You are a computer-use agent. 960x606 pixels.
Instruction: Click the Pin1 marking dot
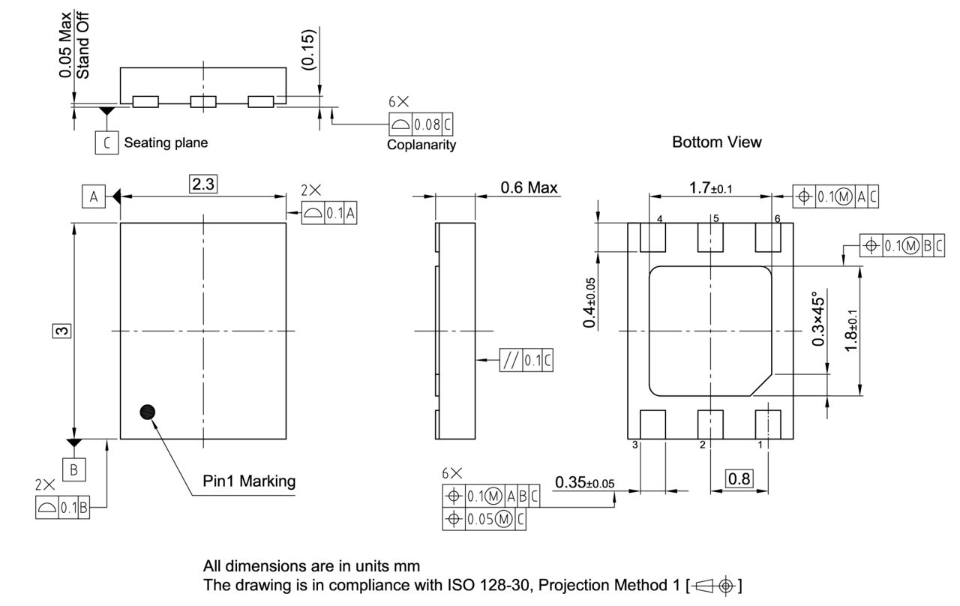click(x=148, y=411)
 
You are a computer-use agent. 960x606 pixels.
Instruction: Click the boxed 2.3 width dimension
click(x=204, y=184)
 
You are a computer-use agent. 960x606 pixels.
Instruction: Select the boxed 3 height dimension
click(x=63, y=330)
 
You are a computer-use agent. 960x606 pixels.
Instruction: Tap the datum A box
click(x=93, y=196)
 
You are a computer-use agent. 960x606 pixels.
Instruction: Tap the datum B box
click(x=73, y=469)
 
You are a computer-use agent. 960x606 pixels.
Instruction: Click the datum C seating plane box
click(x=107, y=142)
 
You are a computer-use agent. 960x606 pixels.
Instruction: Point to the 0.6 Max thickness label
click(x=529, y=187)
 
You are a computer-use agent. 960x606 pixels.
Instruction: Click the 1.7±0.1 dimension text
click(x=710, y=188)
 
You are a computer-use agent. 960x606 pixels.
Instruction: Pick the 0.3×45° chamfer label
click(x=819, y=319)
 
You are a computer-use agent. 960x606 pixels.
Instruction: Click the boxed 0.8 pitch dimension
click(x=740, y=478)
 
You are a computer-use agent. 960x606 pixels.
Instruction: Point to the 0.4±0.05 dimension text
click(x=590, y=302)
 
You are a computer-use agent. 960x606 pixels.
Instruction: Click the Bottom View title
click(x=716, y=142)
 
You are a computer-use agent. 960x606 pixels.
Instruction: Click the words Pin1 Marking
click(x=249, y=481)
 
